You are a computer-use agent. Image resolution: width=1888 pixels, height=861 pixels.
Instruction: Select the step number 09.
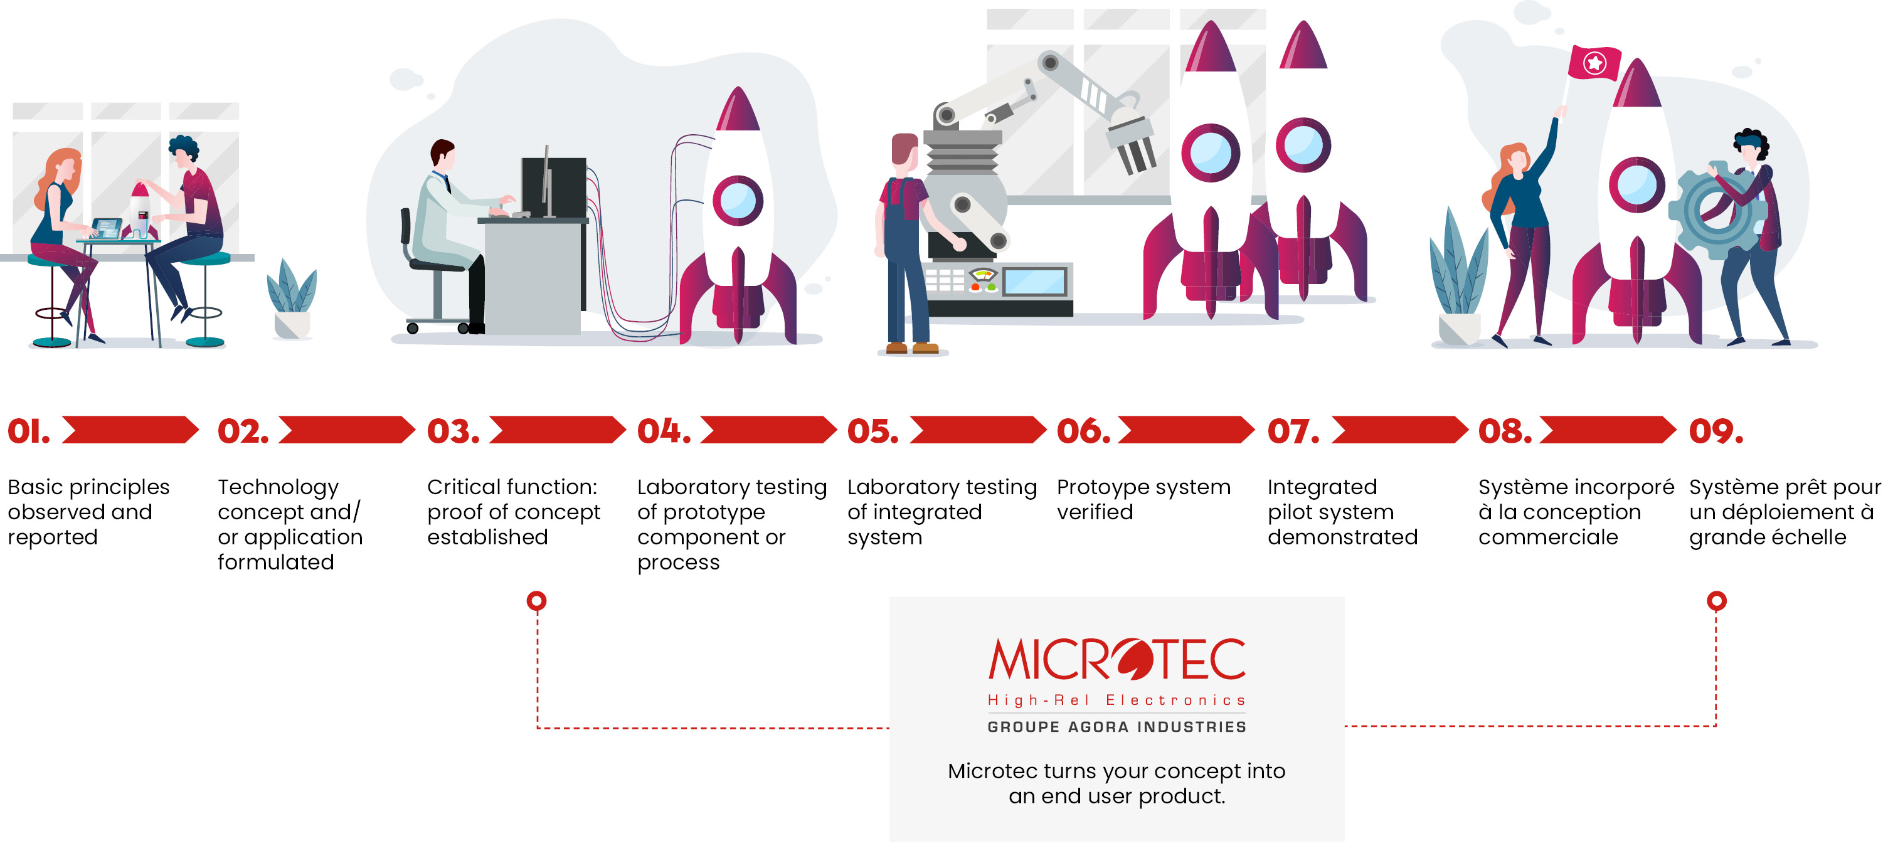(1716, 431)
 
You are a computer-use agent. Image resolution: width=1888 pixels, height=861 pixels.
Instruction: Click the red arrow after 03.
(558, 430)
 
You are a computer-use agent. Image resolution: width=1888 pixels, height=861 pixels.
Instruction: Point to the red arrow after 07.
(1400, 430)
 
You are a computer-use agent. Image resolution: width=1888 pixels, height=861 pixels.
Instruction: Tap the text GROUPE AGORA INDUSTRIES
(1117, 727)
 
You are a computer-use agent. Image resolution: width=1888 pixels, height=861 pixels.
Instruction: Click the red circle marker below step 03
(536, 601)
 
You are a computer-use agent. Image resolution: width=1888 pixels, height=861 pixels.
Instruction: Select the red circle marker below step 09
(1717, 601)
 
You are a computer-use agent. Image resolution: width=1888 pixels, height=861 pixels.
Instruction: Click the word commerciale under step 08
(1548, 537)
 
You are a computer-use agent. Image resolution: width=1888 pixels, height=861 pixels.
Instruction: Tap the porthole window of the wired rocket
(738, 200)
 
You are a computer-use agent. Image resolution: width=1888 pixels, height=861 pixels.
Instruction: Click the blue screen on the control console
(1034, 282)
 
